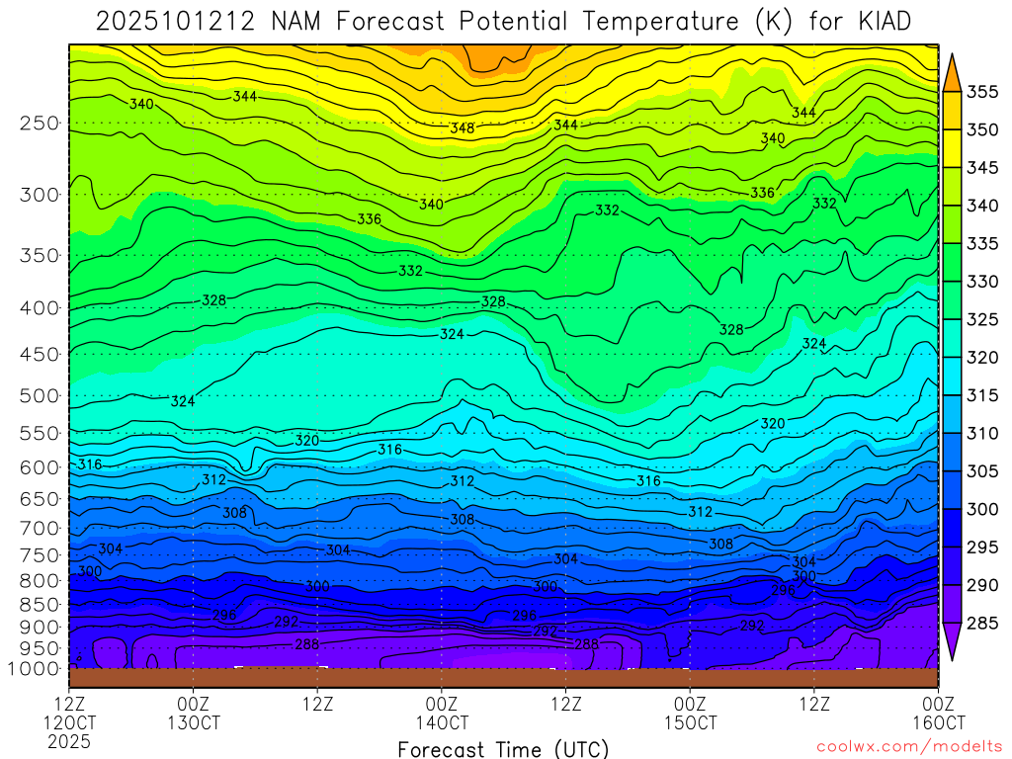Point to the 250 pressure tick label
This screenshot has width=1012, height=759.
pyautogui.click(x=40, y=124)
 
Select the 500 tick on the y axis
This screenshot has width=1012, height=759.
pyautogui.click(x=40, y=396)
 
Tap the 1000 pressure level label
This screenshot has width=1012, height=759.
pyautogui.click(x=35, y=669)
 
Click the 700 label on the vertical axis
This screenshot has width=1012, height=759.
pyautogui.click(x=40, y=529)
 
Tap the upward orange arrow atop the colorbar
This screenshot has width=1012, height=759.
pyautogui.click(x=953, y=72)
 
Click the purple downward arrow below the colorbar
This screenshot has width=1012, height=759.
pyautogui.click(x=953, y=642)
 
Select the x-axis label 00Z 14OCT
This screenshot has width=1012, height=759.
pyautogui.click(x=441, y=713)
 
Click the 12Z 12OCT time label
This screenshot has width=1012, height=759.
pyautogui.click(x=68, y=713)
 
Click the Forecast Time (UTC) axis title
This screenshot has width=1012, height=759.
pyautogui.click(x=503, y=748)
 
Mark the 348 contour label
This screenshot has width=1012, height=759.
pyautogui.click(x=462, y=128)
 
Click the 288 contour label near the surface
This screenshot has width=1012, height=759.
pyautogui.click(x=306, y=644)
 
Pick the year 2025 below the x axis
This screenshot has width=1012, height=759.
pyautogui.click(x=68, y=740)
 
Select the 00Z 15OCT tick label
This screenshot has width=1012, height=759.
pyautogui.click(x=689, y=713)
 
